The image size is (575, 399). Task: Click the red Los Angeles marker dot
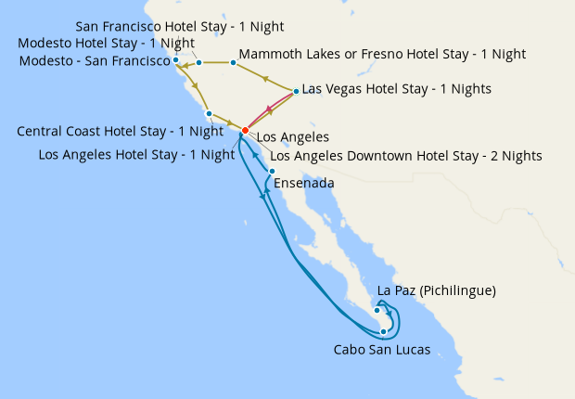245,130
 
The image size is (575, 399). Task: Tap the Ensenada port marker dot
272,172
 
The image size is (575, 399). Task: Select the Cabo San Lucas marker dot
383,331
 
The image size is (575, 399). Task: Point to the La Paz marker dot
377,310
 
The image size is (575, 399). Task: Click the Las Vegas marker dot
296,91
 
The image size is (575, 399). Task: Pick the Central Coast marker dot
210,114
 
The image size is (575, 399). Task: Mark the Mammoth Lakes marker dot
233,63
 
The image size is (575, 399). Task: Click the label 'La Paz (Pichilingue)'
437,291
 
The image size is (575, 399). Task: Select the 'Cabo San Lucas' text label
381,350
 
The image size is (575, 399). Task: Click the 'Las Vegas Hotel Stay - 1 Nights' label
397,89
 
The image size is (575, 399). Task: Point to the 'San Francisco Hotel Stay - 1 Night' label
179,26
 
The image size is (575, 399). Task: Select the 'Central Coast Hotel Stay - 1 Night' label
120,132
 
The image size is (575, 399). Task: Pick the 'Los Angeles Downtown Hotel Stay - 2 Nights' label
405,156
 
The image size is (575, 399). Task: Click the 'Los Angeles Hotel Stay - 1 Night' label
136,155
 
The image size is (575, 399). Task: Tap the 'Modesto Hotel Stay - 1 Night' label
107,44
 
